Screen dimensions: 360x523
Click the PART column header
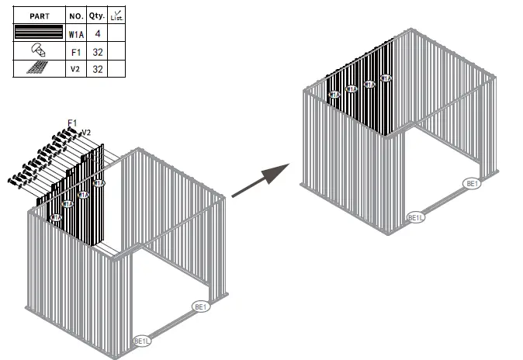pos(38,15)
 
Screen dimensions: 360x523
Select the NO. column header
pos(75,15)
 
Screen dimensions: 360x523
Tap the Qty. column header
pos(96,15)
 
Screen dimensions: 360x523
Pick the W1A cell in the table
pos(75,33)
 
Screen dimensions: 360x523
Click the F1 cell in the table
pos(75,51)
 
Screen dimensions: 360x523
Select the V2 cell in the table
pos(75,69)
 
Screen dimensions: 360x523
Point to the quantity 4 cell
pos(96,33)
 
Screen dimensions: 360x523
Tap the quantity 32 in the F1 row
pos(96,51)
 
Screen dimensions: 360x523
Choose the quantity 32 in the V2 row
pos(96,69)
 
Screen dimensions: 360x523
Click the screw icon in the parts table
pos(38,50)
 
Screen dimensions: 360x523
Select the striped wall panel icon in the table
pos(38,33)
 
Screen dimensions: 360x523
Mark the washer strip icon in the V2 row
pos(38,69)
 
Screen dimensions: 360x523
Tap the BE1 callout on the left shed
pos(201,307)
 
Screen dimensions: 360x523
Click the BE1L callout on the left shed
pos(142,341)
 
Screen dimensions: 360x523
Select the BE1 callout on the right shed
pos(473,184)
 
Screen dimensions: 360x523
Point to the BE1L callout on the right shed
pos(416,218)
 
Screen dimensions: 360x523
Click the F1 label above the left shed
pos(72,123)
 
